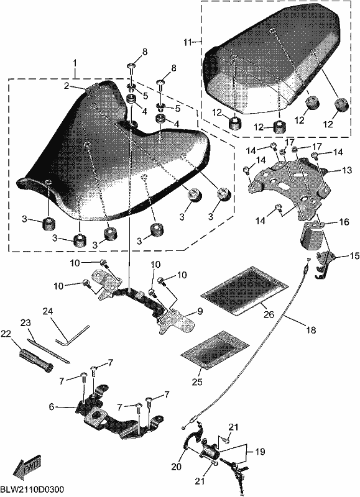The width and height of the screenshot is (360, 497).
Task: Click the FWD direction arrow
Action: [27, 468]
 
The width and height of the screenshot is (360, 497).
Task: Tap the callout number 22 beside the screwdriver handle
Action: [6, 333]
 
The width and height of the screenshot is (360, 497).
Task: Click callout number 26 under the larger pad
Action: [269, 314]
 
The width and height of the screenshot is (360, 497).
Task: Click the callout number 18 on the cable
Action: [312, 330]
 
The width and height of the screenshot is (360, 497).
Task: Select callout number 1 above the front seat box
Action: [75, 63]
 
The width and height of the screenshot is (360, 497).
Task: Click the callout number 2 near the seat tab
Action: [66, 86]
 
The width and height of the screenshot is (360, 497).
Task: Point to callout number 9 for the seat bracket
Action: [200, 311]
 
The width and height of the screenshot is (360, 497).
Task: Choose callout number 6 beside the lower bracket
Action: [52, 406]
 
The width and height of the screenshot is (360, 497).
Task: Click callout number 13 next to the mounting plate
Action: [346, 170]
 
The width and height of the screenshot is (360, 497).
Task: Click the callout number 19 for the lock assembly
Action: [260, 451]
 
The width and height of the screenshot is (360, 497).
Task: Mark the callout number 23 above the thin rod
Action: [25, 323]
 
